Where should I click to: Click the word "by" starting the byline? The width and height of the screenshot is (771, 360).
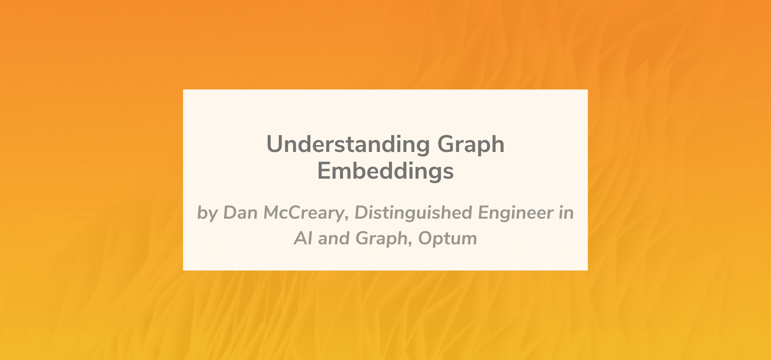click(x=207, y=214)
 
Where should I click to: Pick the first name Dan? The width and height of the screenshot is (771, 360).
click(x=240, y=213)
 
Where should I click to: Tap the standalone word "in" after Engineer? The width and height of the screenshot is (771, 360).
click(x=566, y=213)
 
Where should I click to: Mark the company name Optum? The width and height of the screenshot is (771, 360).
click(x=448, y=239)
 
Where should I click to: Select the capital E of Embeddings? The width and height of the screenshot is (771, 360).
click(x=324, y=171)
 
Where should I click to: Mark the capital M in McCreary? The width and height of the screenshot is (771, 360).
click(x=274, y=213)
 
